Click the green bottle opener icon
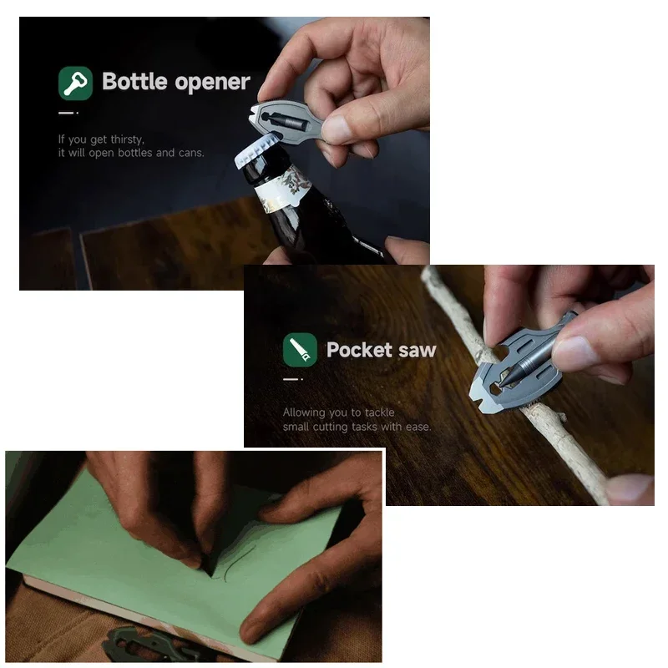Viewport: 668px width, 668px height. pos(75,83)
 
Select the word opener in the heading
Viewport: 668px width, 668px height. pos(212,82)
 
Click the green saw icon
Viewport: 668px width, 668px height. pos(300,350)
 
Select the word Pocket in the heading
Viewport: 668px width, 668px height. pos(360,350)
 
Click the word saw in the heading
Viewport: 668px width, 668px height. pos(417,350)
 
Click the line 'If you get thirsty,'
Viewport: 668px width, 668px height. pos(101,139)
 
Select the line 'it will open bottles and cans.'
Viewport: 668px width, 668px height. pos(130,153)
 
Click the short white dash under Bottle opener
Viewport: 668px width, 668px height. pos(68,112)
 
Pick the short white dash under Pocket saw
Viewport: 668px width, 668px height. pos(291,379)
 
